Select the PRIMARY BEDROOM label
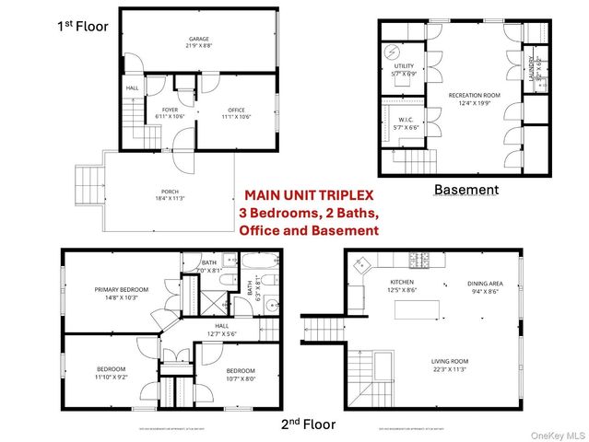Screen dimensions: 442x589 pos(115,289)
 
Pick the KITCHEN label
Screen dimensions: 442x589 pos(403,282)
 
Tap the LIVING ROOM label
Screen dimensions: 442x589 pos(450,361)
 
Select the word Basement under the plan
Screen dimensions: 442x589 pos(466,190)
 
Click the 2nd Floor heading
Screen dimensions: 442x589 pos(309,425)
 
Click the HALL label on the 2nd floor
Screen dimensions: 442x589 pos(221,325)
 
